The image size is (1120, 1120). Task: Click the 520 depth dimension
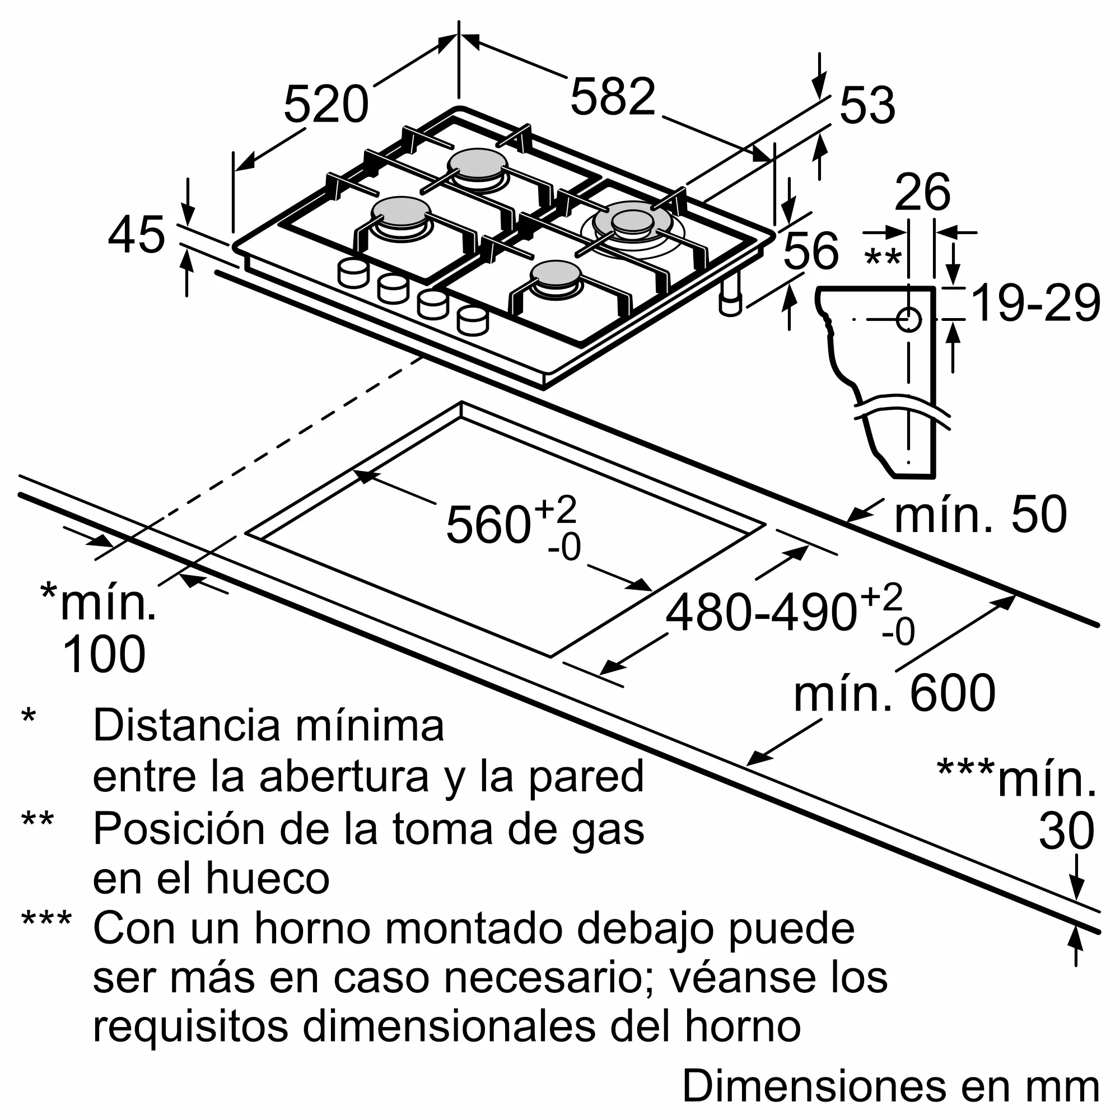tap(326, 105)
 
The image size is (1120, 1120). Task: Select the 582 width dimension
tap(613, 97)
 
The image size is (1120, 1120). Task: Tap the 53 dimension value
tap(867, 106)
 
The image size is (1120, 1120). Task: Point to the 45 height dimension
tap(137, 235)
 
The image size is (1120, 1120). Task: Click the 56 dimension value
tap(810, 250)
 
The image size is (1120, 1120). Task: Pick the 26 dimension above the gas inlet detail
tap(922, 193)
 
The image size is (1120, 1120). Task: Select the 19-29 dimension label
tap(1035, 303)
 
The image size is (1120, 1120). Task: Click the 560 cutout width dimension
tap(488, 525)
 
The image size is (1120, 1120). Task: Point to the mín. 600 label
tap(894, 694)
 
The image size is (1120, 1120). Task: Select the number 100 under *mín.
tap(104, 655)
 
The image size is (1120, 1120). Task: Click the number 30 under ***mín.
tap(1066, 831)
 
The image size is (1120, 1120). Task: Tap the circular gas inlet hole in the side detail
tap(908, 319)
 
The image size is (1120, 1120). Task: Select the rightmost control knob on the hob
tap(473, 320)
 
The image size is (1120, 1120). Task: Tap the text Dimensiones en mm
tap(890, 1086)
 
